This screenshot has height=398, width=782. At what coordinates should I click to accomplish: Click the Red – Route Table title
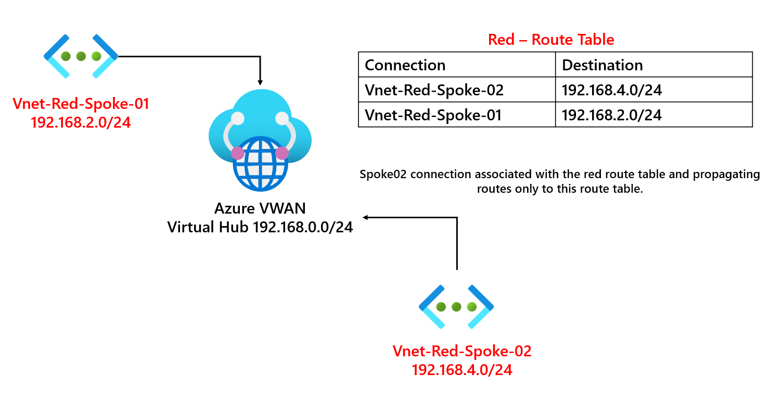coord(551,40)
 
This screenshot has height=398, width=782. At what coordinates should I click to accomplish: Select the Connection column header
coord(405,65)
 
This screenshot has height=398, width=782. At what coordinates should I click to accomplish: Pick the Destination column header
coord(602,65)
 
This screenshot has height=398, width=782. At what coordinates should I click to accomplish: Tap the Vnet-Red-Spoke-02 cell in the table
coord(434,90)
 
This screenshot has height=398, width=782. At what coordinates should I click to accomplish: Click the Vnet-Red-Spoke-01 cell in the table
coord(433,115)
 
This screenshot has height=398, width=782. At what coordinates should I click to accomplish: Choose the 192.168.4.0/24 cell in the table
coord(612,90)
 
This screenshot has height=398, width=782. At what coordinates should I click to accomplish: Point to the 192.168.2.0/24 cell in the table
coord(612,115)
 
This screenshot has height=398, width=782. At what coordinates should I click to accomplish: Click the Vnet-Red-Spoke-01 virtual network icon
coord(81,56)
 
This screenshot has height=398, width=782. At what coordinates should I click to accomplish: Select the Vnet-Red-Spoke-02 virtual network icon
coord(456,307)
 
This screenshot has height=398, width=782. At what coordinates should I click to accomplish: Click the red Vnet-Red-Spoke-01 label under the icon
coord(81,104)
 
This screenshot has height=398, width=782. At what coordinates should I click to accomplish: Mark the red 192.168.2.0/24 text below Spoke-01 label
coord(81,122)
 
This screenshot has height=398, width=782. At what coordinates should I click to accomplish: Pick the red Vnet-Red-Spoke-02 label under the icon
coord(462,351)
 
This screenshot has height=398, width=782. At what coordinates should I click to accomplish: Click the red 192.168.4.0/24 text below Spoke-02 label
coord(462,370)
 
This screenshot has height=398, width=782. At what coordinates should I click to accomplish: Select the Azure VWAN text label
coord(260,209)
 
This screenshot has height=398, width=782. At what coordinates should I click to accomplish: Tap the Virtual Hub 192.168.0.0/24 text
coord(260,227)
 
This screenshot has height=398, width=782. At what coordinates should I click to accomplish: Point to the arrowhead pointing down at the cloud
coord(260,82)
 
